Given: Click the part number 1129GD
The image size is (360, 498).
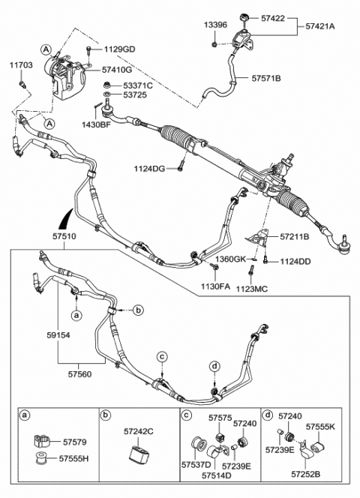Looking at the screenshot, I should pyautogui.click(x=119, y=49).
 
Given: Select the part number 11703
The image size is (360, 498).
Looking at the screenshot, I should pyautogui.click(x=21, y=66).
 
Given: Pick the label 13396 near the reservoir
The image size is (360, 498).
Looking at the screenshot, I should pyautogui.click(x=214, y=25).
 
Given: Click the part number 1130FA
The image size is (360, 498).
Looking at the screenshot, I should pyautogui.click(x=214, y=286).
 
